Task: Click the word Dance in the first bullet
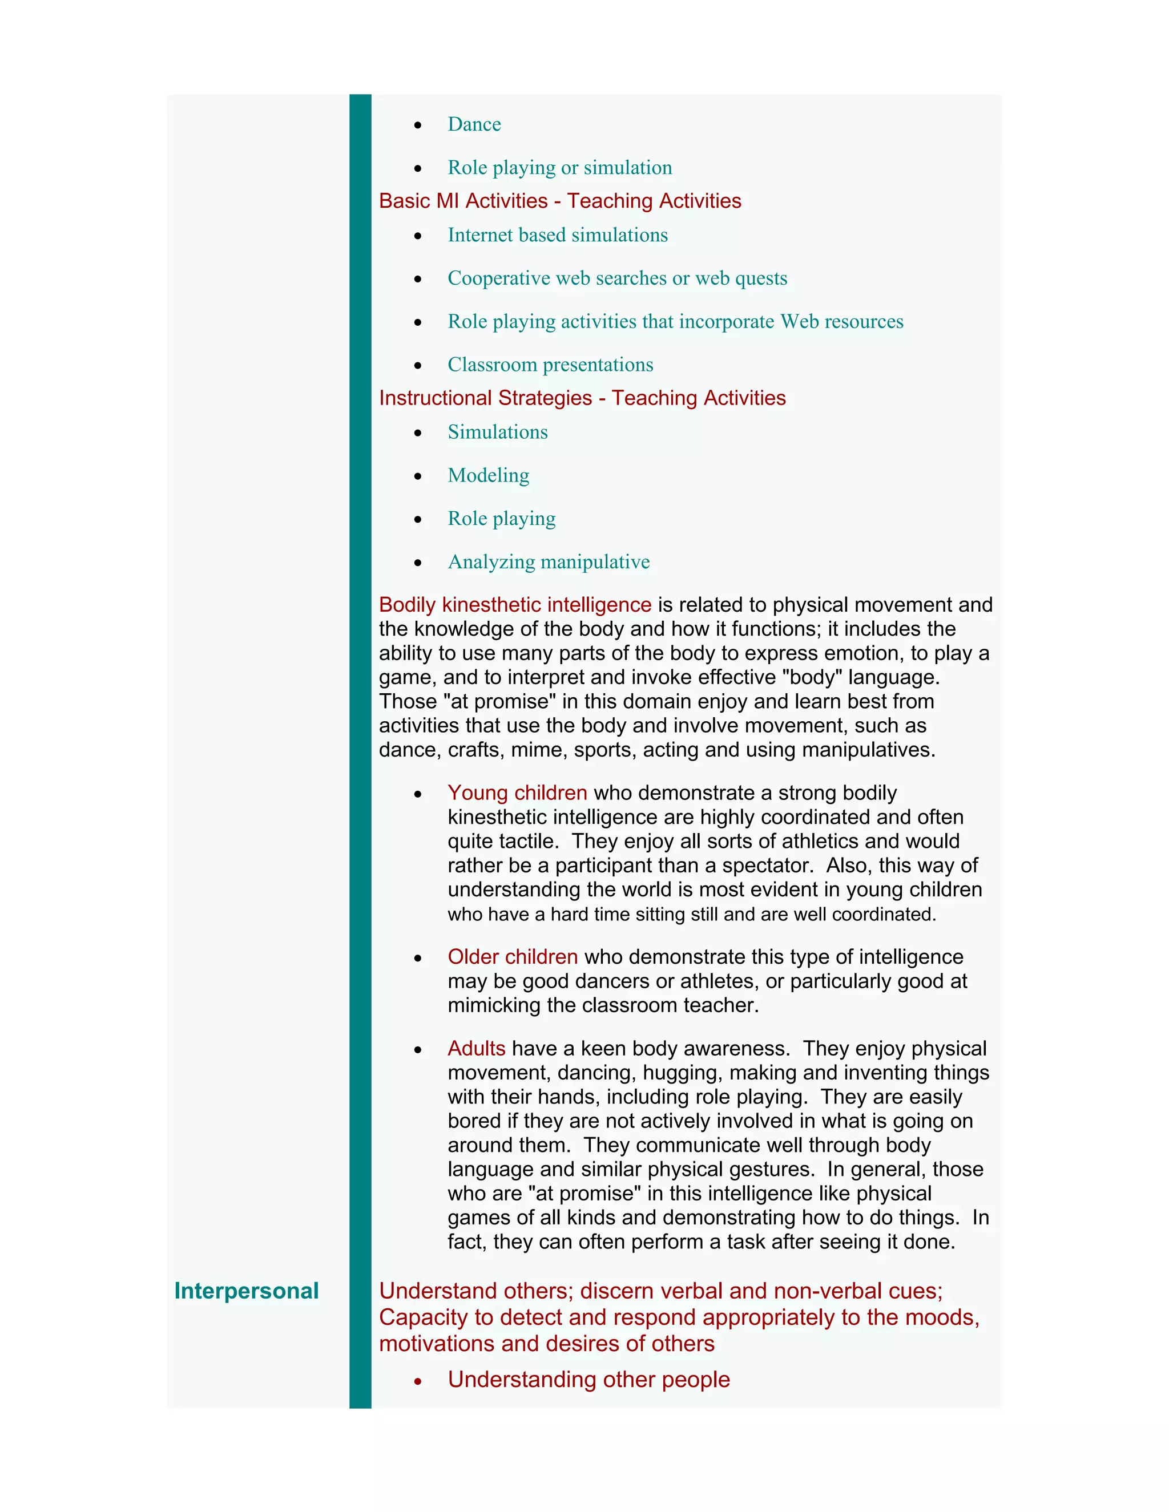[x=474, y=124]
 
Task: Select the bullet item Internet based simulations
[x=558, y=236]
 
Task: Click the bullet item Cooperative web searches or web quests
[x=617, y=278]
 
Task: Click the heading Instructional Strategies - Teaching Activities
[x=582, y=398]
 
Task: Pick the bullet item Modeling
[x=488, y=476]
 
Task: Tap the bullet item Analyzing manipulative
[x=549, y=562]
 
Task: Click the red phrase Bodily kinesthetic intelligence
[x=514, y=605]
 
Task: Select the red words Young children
[x=517, y=793]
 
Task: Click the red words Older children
[x=513, y=957]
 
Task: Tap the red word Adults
[x=477, y=1048]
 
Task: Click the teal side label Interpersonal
[x=246, y=1291]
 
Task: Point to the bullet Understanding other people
[x=588, y=1380]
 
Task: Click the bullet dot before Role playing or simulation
[x=418, y=169]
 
